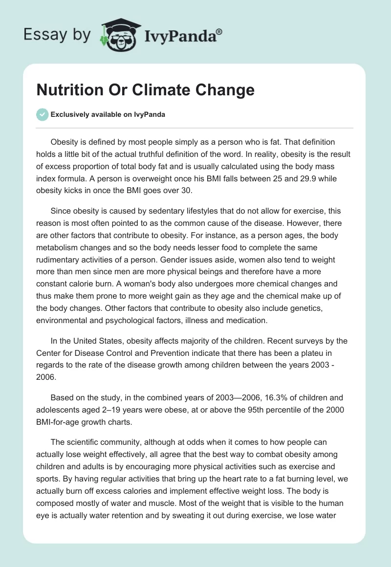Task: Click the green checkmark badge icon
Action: click(x=43, y=114)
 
